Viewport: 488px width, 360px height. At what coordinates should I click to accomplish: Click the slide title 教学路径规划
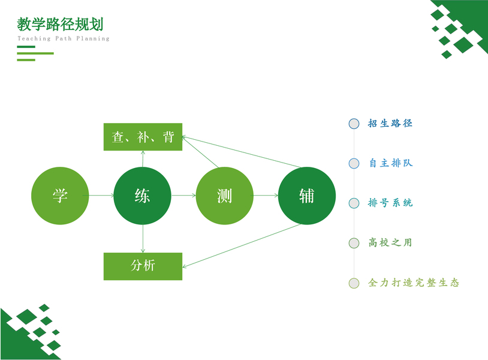[x=61, y=24]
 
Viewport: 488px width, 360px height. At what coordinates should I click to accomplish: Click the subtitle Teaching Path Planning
[x=64, y=38]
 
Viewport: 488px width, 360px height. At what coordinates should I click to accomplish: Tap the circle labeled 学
[x=60, y=196]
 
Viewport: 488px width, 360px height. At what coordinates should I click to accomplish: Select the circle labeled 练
[x=143, y=196]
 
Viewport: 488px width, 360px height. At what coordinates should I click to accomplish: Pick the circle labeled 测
[x=225, y=196]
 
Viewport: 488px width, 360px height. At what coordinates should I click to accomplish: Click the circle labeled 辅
[x=307, y=196]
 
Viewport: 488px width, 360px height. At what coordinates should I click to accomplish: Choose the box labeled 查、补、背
[x=143, y=137]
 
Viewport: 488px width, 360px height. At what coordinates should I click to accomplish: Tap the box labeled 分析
[x=143, y=266]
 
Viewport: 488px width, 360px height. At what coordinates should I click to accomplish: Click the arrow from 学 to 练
[x=101, y=196]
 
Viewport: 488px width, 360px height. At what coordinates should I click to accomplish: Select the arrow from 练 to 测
[x=183, y=196]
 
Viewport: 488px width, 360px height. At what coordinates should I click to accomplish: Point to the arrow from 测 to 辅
[x=266, y=196]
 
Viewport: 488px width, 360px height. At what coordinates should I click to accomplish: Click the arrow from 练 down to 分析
[x=143, y=239]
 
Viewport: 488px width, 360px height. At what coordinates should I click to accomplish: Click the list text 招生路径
[x=390, y=124]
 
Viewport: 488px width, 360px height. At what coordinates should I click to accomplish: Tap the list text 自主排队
[x=390, y=163]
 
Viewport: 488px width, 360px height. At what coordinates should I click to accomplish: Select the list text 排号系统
[x=390, y=203]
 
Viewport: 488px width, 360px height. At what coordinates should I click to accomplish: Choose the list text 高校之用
[x=390, y=243]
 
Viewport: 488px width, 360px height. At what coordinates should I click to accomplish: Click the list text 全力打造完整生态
[x=414, y=283]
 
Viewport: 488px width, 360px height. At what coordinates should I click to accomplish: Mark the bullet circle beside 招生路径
[x=354, y=124]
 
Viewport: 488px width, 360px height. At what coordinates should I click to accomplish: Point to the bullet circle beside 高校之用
[x=354, y=243]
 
